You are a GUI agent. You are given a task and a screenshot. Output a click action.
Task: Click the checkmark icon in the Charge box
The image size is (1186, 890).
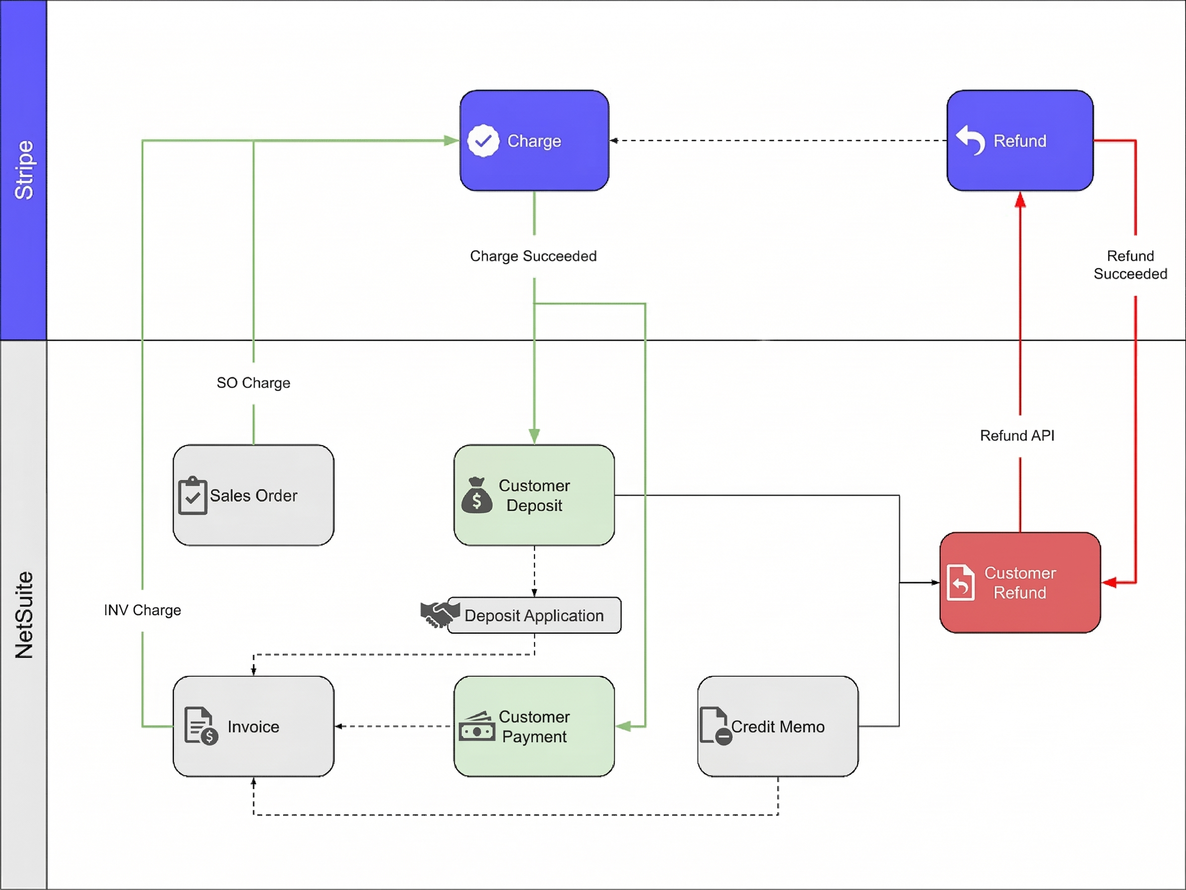coord(483,141)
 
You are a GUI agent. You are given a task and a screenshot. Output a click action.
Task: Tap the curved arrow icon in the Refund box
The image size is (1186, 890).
coord(971,140)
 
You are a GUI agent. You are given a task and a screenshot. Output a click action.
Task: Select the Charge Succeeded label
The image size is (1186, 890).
coord(533,256)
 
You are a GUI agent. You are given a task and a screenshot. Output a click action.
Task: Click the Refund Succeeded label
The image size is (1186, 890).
coord(1130,265)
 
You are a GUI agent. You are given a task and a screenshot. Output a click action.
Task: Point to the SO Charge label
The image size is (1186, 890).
coord(253,382)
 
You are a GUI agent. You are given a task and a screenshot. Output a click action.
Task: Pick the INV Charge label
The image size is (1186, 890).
coord(142,610)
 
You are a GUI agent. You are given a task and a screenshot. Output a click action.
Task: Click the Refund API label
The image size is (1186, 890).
coord(1017,435)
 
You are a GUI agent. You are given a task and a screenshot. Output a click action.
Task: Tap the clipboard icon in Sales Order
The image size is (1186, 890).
coord(193,496)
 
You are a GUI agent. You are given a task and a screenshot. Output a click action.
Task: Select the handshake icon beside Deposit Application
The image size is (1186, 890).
coord(440,613)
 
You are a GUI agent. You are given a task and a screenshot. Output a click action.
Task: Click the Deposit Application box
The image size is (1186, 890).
coord(534,615)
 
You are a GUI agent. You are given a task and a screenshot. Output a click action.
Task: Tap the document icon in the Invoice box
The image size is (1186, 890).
coord(200,726)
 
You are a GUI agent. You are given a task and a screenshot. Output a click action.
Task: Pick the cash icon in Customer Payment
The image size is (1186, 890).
coord(477,727)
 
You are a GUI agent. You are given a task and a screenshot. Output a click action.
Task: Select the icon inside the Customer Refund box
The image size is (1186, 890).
coord(960,583)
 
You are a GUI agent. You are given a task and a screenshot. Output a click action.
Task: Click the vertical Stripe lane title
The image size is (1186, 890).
coord(24,170)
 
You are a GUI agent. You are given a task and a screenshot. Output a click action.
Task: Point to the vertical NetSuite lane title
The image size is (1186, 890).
coord(24,615)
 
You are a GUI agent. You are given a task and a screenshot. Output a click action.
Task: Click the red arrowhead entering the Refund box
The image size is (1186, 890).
coord(1020,200)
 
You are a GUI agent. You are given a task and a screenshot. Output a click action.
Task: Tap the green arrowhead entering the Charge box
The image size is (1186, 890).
coord(452,141)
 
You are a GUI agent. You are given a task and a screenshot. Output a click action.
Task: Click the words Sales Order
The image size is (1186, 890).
coord(253,496)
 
